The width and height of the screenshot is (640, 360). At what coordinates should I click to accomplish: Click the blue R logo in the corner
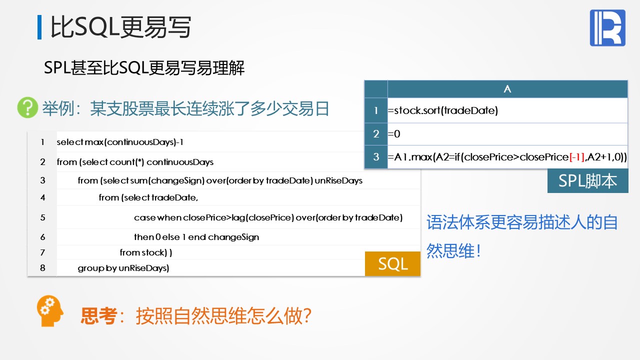(x=607, y=27)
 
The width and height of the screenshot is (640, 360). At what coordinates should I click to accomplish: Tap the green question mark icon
(x=27, y=107)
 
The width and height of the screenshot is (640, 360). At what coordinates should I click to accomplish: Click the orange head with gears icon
(x=49, y=311)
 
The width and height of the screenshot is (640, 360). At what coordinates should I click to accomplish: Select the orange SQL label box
(x=392, y=263)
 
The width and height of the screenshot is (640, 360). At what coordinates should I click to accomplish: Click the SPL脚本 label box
(x=587, y=180)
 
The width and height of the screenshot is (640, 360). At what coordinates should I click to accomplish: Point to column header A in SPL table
(x=507, y=89)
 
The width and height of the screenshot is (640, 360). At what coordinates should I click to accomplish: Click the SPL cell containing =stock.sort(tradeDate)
(x=507, y=110)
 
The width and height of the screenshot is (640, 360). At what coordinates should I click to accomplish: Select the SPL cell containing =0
(x=507, y=134)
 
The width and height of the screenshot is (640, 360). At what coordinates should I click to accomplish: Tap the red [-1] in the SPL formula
(x=577, y=157)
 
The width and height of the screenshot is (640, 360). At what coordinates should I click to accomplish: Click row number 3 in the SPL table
(x=376, y=157)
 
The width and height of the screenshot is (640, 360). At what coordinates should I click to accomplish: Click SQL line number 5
(x=42, y=217)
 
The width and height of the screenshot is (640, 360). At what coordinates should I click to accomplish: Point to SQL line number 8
(x=42, y=268)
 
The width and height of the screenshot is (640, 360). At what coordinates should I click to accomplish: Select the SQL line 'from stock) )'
(x=145, y=252)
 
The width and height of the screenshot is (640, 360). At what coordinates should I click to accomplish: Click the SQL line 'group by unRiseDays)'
(x=123, y=268)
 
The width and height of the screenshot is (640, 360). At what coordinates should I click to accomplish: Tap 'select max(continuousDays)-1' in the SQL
(x=120, y=142)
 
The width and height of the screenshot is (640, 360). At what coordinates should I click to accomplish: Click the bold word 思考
(x=99, y=316)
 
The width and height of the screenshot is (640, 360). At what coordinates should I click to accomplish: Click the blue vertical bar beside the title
(x=39, y=27)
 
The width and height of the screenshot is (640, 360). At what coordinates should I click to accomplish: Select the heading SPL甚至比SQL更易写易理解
(x=144, y=68)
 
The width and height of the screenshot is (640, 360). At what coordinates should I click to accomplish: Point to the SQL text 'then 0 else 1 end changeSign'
(x=196, y=237)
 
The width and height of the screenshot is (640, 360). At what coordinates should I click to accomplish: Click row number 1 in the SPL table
(x=376, y=110)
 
